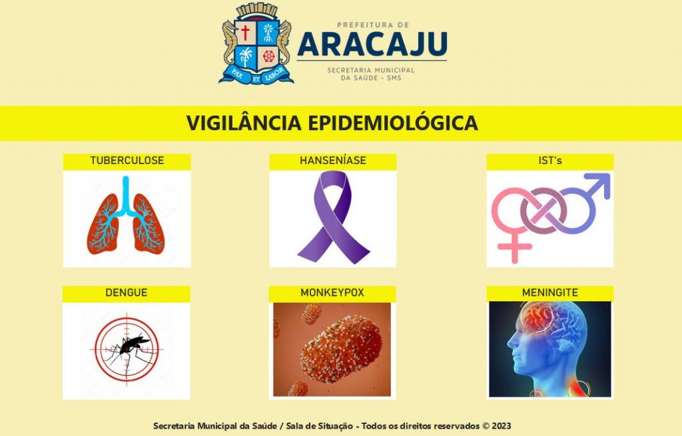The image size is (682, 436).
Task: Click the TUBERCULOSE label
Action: point(127,160)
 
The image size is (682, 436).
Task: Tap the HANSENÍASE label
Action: point(333,160)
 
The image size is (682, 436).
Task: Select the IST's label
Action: point(549,160)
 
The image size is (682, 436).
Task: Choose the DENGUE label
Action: point(126,292)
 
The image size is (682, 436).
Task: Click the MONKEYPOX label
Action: point(332,292)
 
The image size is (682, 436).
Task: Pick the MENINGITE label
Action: point(549,292)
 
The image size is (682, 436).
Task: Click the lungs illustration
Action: point(126,216)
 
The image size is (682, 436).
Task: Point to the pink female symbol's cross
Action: point(515,247)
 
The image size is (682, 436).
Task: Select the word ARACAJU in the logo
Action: point(372,44)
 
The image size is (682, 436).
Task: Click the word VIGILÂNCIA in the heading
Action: point(244,123)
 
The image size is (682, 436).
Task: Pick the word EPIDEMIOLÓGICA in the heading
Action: point(393,123)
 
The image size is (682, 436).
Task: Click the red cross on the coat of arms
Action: point(245,32)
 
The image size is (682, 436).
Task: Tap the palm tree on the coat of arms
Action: point(246,57)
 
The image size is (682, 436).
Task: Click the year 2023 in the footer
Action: point(502,426)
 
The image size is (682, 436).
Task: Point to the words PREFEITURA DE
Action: point(373,25)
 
